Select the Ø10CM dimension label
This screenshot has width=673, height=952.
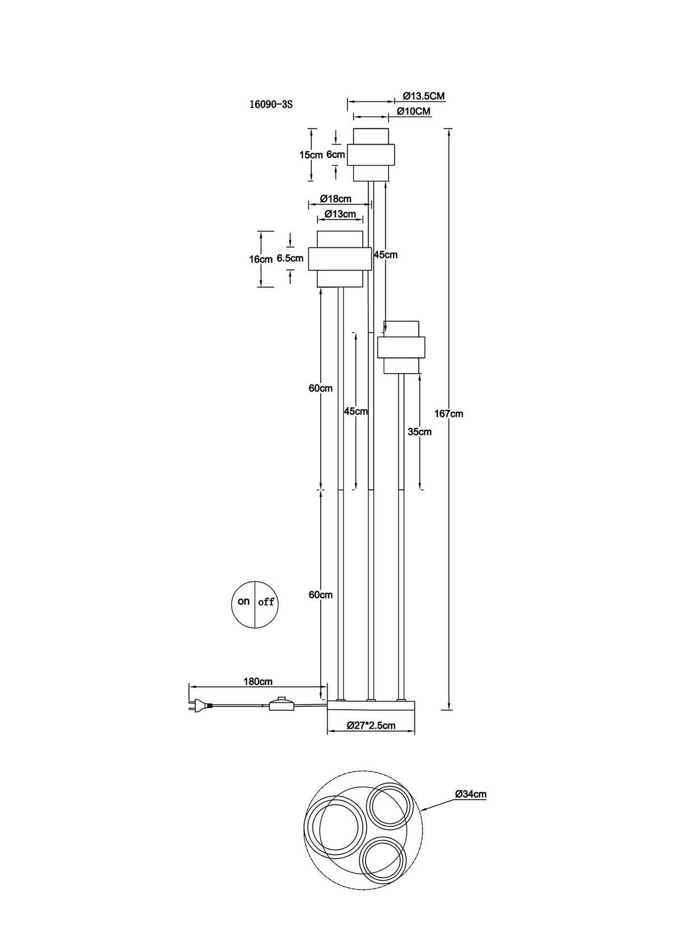pyautogui.click(x=413, y=111)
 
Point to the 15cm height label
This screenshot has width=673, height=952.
pyautogui.click(x=311, y=155)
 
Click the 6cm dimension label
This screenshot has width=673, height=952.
pyautogui.click(x=335, y=155)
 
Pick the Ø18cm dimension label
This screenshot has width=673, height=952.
pyautogui.click(x=335, y=199)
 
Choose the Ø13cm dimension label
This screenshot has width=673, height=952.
pyautogui.click(x=340, y=214)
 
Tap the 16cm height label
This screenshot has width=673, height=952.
pyautogui.click(x=261, y=259)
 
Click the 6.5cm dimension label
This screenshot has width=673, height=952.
pyautogui.click(x=290, y=258)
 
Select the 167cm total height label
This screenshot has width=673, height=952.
pyautogui.click(x=449, y=413)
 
